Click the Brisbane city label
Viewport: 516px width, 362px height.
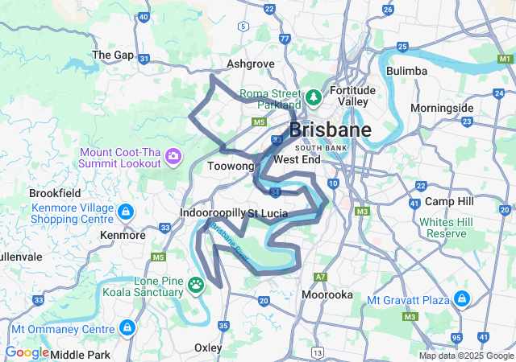(330, 130)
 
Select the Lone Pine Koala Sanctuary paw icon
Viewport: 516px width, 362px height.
(197, 283)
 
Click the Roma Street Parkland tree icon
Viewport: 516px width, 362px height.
(313, 97)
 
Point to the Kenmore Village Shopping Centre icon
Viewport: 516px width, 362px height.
(126, 212)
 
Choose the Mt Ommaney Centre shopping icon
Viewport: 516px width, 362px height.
(127, 327)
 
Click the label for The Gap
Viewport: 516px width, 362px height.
(112, 55)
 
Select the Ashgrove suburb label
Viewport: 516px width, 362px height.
(251, 64)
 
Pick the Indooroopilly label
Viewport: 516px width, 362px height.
(211, 213)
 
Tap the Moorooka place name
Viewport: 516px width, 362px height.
(327, 294)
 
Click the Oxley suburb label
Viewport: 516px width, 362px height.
(209, 348)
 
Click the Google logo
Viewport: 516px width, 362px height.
(27, 352)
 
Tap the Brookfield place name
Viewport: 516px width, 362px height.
(55, 193)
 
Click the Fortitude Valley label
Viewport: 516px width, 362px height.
(353, 96)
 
